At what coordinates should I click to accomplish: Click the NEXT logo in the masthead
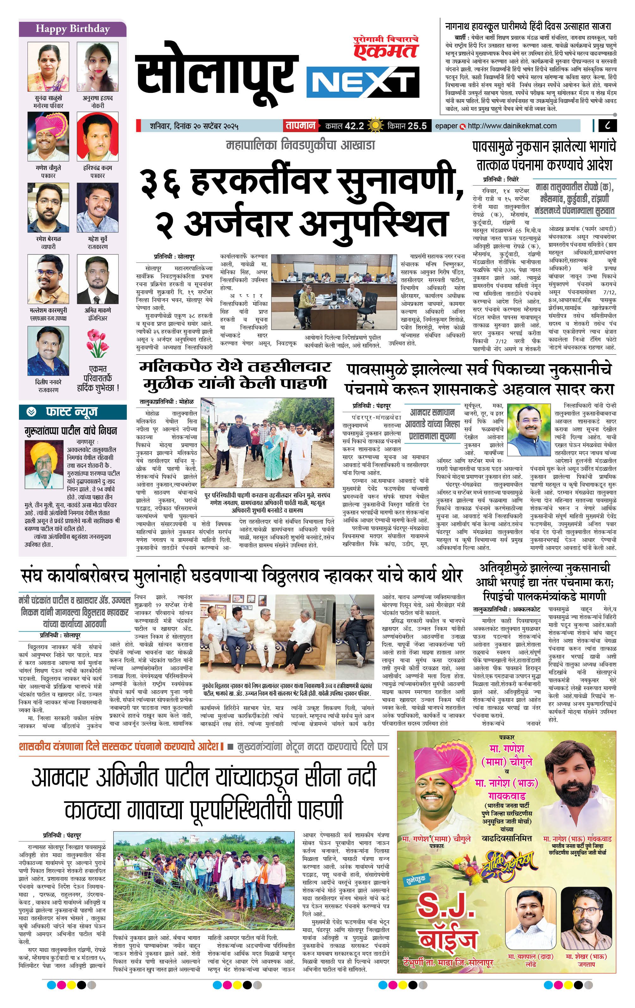point(363,83)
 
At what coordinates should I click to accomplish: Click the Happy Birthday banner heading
point(72,29)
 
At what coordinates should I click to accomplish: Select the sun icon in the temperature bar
point(375,125)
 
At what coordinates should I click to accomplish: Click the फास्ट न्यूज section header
point(72,412)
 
